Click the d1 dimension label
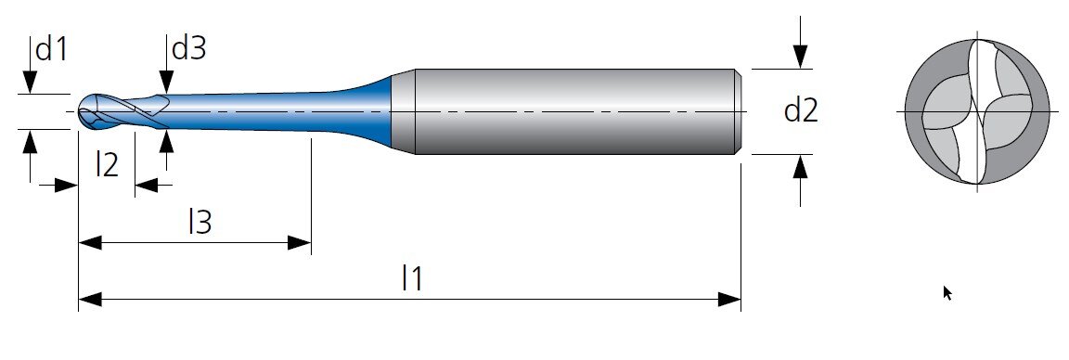[52, 49]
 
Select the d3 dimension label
[189, 48]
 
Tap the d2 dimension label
[801, 110]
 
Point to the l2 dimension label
[107, 165]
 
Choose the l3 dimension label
[200, 223]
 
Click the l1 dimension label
[412, 278]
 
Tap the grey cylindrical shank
[576, 111]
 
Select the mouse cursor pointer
[947, 293]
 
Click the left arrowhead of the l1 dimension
[90, 300]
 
